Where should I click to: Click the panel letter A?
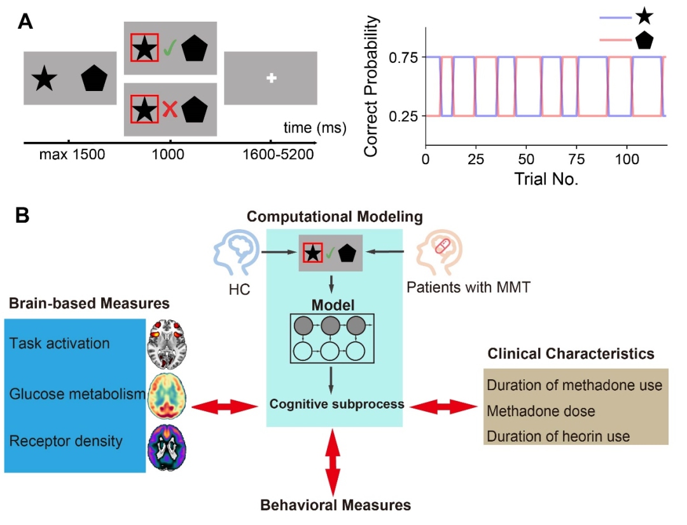[x=25, y=21]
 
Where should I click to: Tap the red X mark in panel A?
[x=169, y=109]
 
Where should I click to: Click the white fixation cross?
[x=272, y=78]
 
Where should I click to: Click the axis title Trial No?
[x=545, y=179]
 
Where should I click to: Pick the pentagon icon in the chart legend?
[x=644, y=41]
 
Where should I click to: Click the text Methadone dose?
[x=541, y=411]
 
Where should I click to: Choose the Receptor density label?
[x=66, y=441]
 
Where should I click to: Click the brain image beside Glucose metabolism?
[x=165, y=395]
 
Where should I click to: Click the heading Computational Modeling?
[x=335, y=217]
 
